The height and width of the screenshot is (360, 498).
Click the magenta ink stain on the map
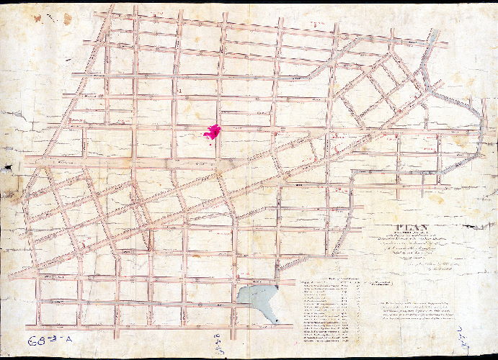coord(213,132)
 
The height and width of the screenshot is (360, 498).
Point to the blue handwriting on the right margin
coord(481,333)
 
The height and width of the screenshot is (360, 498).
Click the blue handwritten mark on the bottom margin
coord(215,342)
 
